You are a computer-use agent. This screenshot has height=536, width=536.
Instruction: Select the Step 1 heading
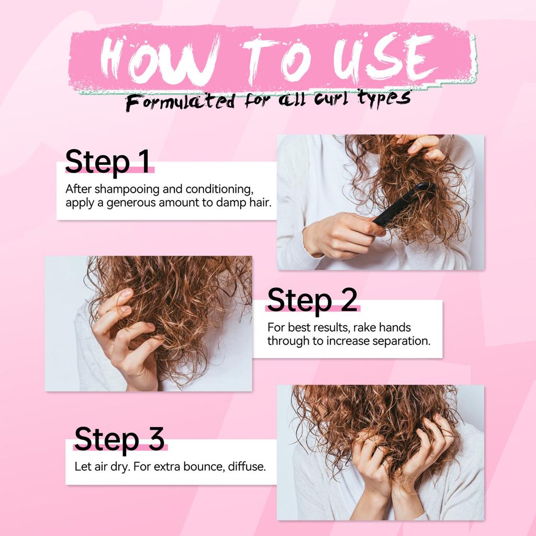tap(108, 162)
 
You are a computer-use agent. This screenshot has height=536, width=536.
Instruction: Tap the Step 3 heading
tap(119, 440)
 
